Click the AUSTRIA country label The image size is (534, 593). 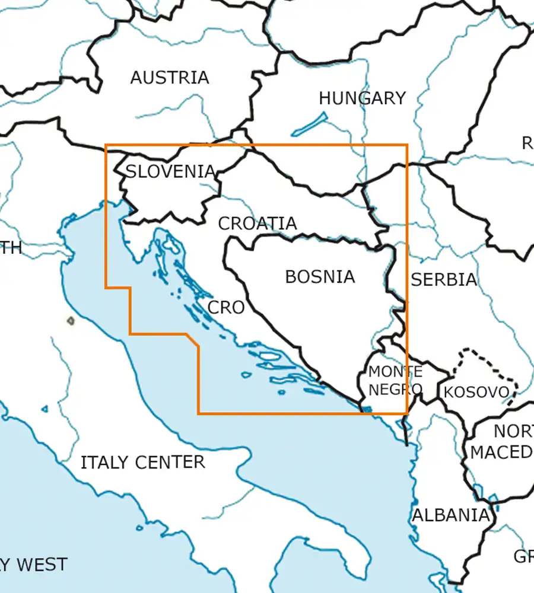click(170, 78)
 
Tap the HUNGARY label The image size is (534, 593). click(362, 98)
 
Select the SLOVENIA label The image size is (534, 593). click(171, 171)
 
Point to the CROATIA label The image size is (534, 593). click(258, 224)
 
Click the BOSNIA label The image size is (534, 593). click(320, 277)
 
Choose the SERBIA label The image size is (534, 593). click(444, 279)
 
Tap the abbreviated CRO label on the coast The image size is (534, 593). click(226, 307)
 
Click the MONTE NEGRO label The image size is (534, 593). click(395, 380)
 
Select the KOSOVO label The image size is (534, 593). click(476, 392)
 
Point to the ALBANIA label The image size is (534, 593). click(452, 515)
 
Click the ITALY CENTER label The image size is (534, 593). click(142, 463)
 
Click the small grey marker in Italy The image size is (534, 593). click(71, 321)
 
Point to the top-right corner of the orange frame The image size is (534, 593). click(407, 145)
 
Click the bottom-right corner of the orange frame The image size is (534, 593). click(407, 413)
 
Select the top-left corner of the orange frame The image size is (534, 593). click(106, 145)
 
